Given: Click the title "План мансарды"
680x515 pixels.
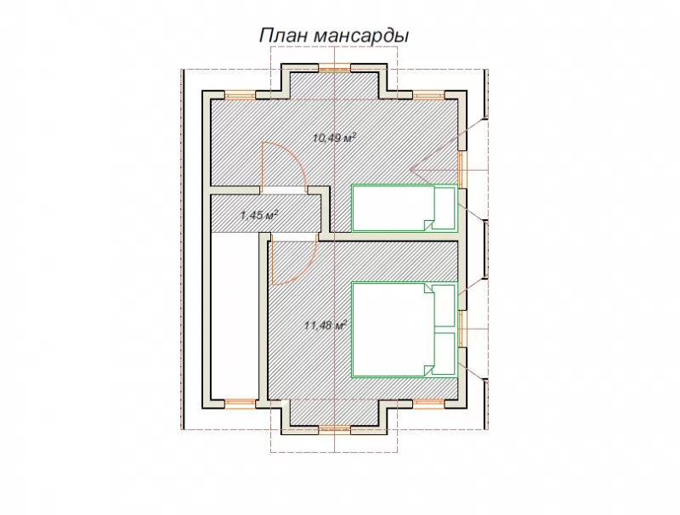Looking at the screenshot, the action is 334,36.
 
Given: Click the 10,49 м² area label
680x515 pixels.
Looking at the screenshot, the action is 334,139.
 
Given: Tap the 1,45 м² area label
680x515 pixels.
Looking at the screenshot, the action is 259,214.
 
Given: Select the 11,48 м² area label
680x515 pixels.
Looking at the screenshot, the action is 326,325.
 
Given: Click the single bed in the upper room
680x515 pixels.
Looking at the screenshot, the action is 405,208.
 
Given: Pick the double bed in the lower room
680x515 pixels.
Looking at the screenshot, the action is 405,330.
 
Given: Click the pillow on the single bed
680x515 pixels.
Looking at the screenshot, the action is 445,208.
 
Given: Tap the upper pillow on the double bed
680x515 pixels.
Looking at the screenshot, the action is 445,306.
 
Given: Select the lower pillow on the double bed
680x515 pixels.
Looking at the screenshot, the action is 445,354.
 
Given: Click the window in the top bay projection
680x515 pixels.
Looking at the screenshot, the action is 334,68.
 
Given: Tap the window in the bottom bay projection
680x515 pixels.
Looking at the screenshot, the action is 334,430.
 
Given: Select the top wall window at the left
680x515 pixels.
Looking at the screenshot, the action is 240,95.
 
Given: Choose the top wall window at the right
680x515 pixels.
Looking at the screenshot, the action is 429,95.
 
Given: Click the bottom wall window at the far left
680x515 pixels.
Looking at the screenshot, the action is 240,404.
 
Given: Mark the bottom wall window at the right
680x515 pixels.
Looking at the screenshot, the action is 429,404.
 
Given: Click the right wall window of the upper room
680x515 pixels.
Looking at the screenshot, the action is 462,169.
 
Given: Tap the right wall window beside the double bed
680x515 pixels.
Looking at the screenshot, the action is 462,329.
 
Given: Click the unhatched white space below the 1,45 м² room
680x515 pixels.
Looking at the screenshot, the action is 235,315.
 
